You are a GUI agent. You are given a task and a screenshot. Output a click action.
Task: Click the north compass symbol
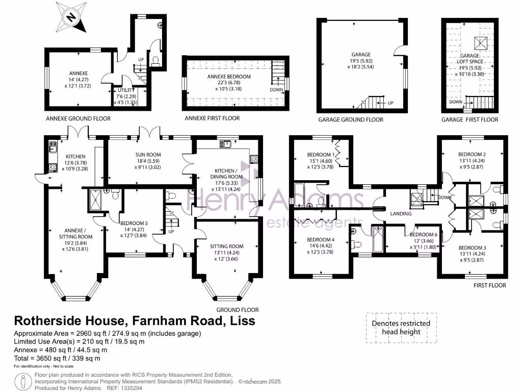tap(70, 16)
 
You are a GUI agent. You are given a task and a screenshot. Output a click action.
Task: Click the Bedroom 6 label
tap(424, 234)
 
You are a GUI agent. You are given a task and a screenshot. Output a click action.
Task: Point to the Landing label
tap(401, 214)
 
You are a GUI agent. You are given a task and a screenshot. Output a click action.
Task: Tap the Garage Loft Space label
tap(469, 58)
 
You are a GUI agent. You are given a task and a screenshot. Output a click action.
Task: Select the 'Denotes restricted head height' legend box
tap(401, 327)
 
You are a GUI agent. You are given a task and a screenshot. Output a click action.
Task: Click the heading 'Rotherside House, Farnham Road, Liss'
tap(135, 321)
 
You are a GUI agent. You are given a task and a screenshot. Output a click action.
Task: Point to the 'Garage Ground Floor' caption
tap(351, 119)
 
